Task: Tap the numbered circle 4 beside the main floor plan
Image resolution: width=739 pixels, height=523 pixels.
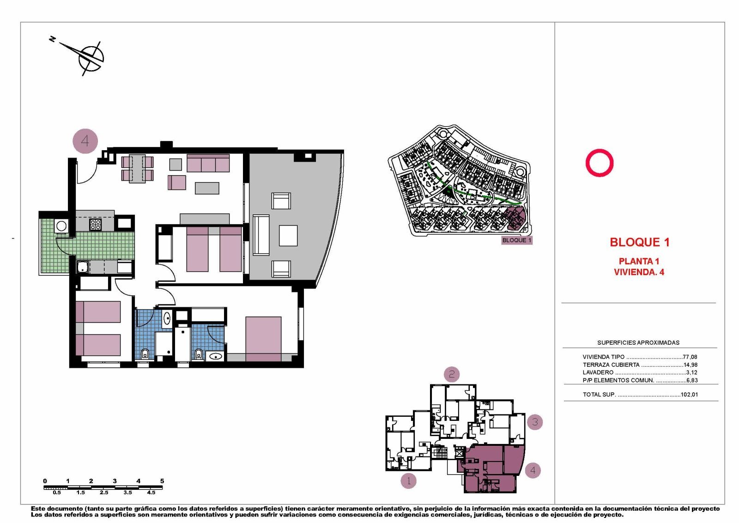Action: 85,140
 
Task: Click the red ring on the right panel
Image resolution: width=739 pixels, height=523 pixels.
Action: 599,163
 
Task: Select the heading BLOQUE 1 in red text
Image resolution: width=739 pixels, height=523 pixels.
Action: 639,242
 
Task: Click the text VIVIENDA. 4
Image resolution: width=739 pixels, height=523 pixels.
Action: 639,272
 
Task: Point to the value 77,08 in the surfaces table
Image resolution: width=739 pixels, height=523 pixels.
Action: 690,357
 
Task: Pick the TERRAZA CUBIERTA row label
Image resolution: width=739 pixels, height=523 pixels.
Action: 611,365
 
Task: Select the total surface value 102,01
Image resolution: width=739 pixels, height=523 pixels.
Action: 689,395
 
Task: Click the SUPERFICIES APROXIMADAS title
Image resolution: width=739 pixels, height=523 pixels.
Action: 638,342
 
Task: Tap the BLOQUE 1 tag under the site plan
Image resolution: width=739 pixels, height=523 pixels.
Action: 516,240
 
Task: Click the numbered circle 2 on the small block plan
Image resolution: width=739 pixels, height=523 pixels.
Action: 452,374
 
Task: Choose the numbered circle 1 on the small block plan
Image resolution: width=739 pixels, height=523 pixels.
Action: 408,481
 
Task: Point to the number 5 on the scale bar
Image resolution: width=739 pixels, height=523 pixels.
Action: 162,481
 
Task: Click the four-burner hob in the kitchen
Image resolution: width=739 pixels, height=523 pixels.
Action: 96,225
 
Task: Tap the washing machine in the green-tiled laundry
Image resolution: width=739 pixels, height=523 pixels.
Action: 61,226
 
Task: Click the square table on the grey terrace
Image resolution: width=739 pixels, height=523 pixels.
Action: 288,235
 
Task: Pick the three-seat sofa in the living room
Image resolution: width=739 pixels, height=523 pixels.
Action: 208,164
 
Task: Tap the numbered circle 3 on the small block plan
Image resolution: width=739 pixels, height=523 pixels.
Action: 535,422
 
